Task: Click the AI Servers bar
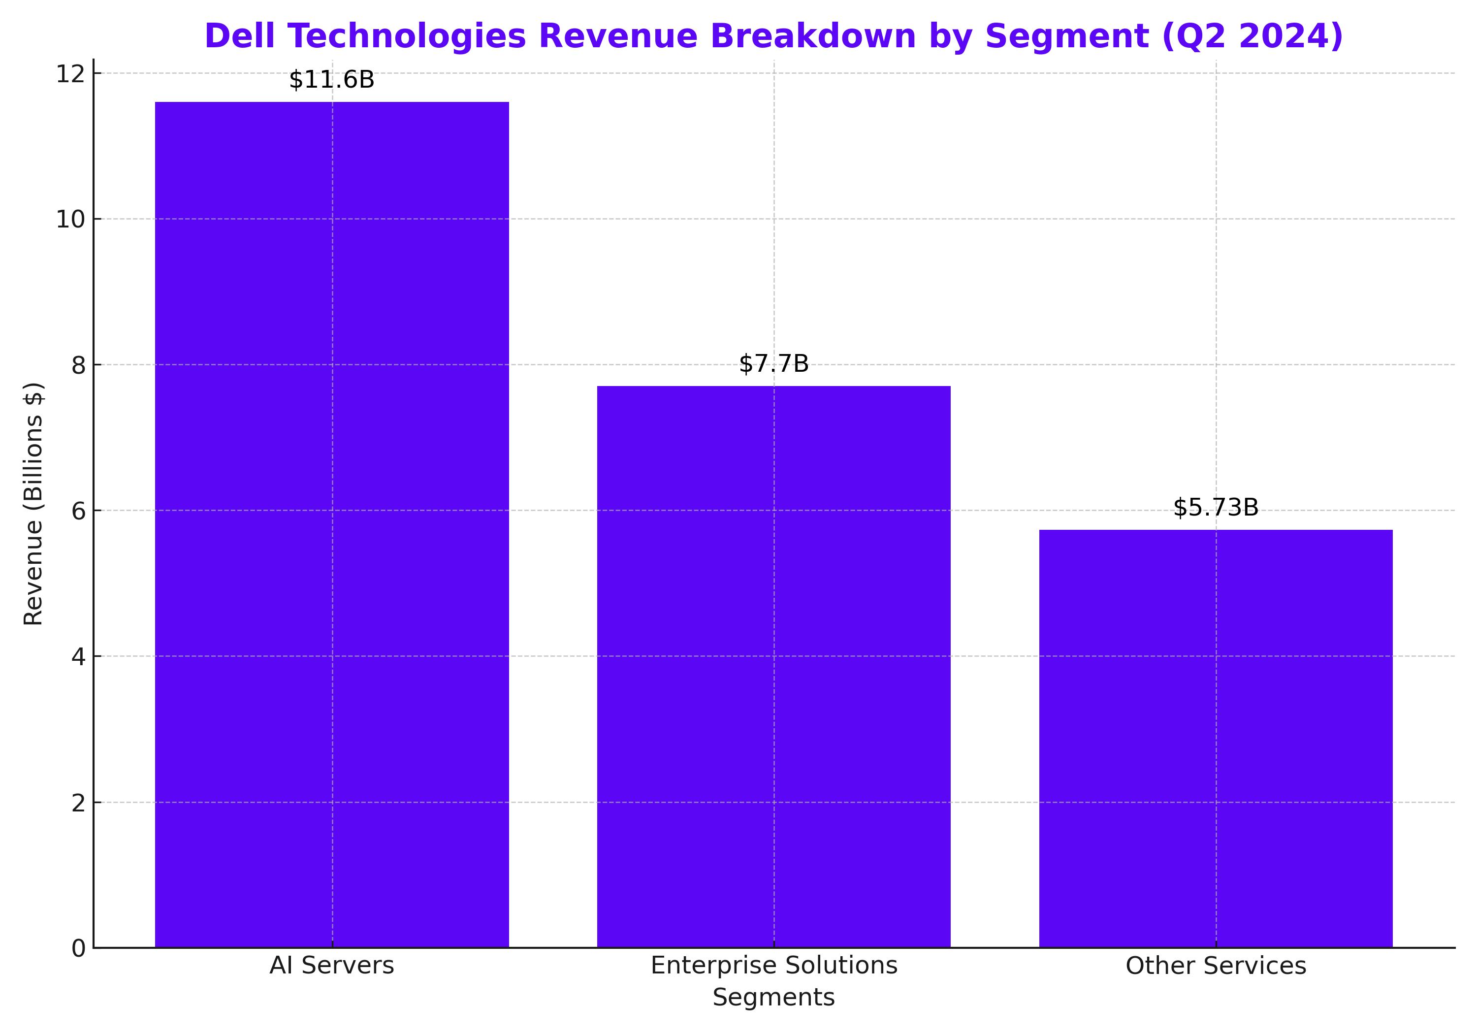(x=332, y=524)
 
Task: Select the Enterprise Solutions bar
(x=773, y=666)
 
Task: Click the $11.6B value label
(x=331, y=80)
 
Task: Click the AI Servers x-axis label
(x=331, y=966)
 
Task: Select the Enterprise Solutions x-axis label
(x=773, y=966)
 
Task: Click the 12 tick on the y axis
(x=71, y=74)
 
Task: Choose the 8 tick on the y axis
(x=78, y=365)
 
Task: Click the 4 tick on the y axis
(x=78, y=657)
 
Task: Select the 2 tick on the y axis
(x=78, y=803)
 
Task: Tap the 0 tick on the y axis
(x=78, y=948)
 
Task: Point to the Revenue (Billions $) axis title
(x=33, y=503)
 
